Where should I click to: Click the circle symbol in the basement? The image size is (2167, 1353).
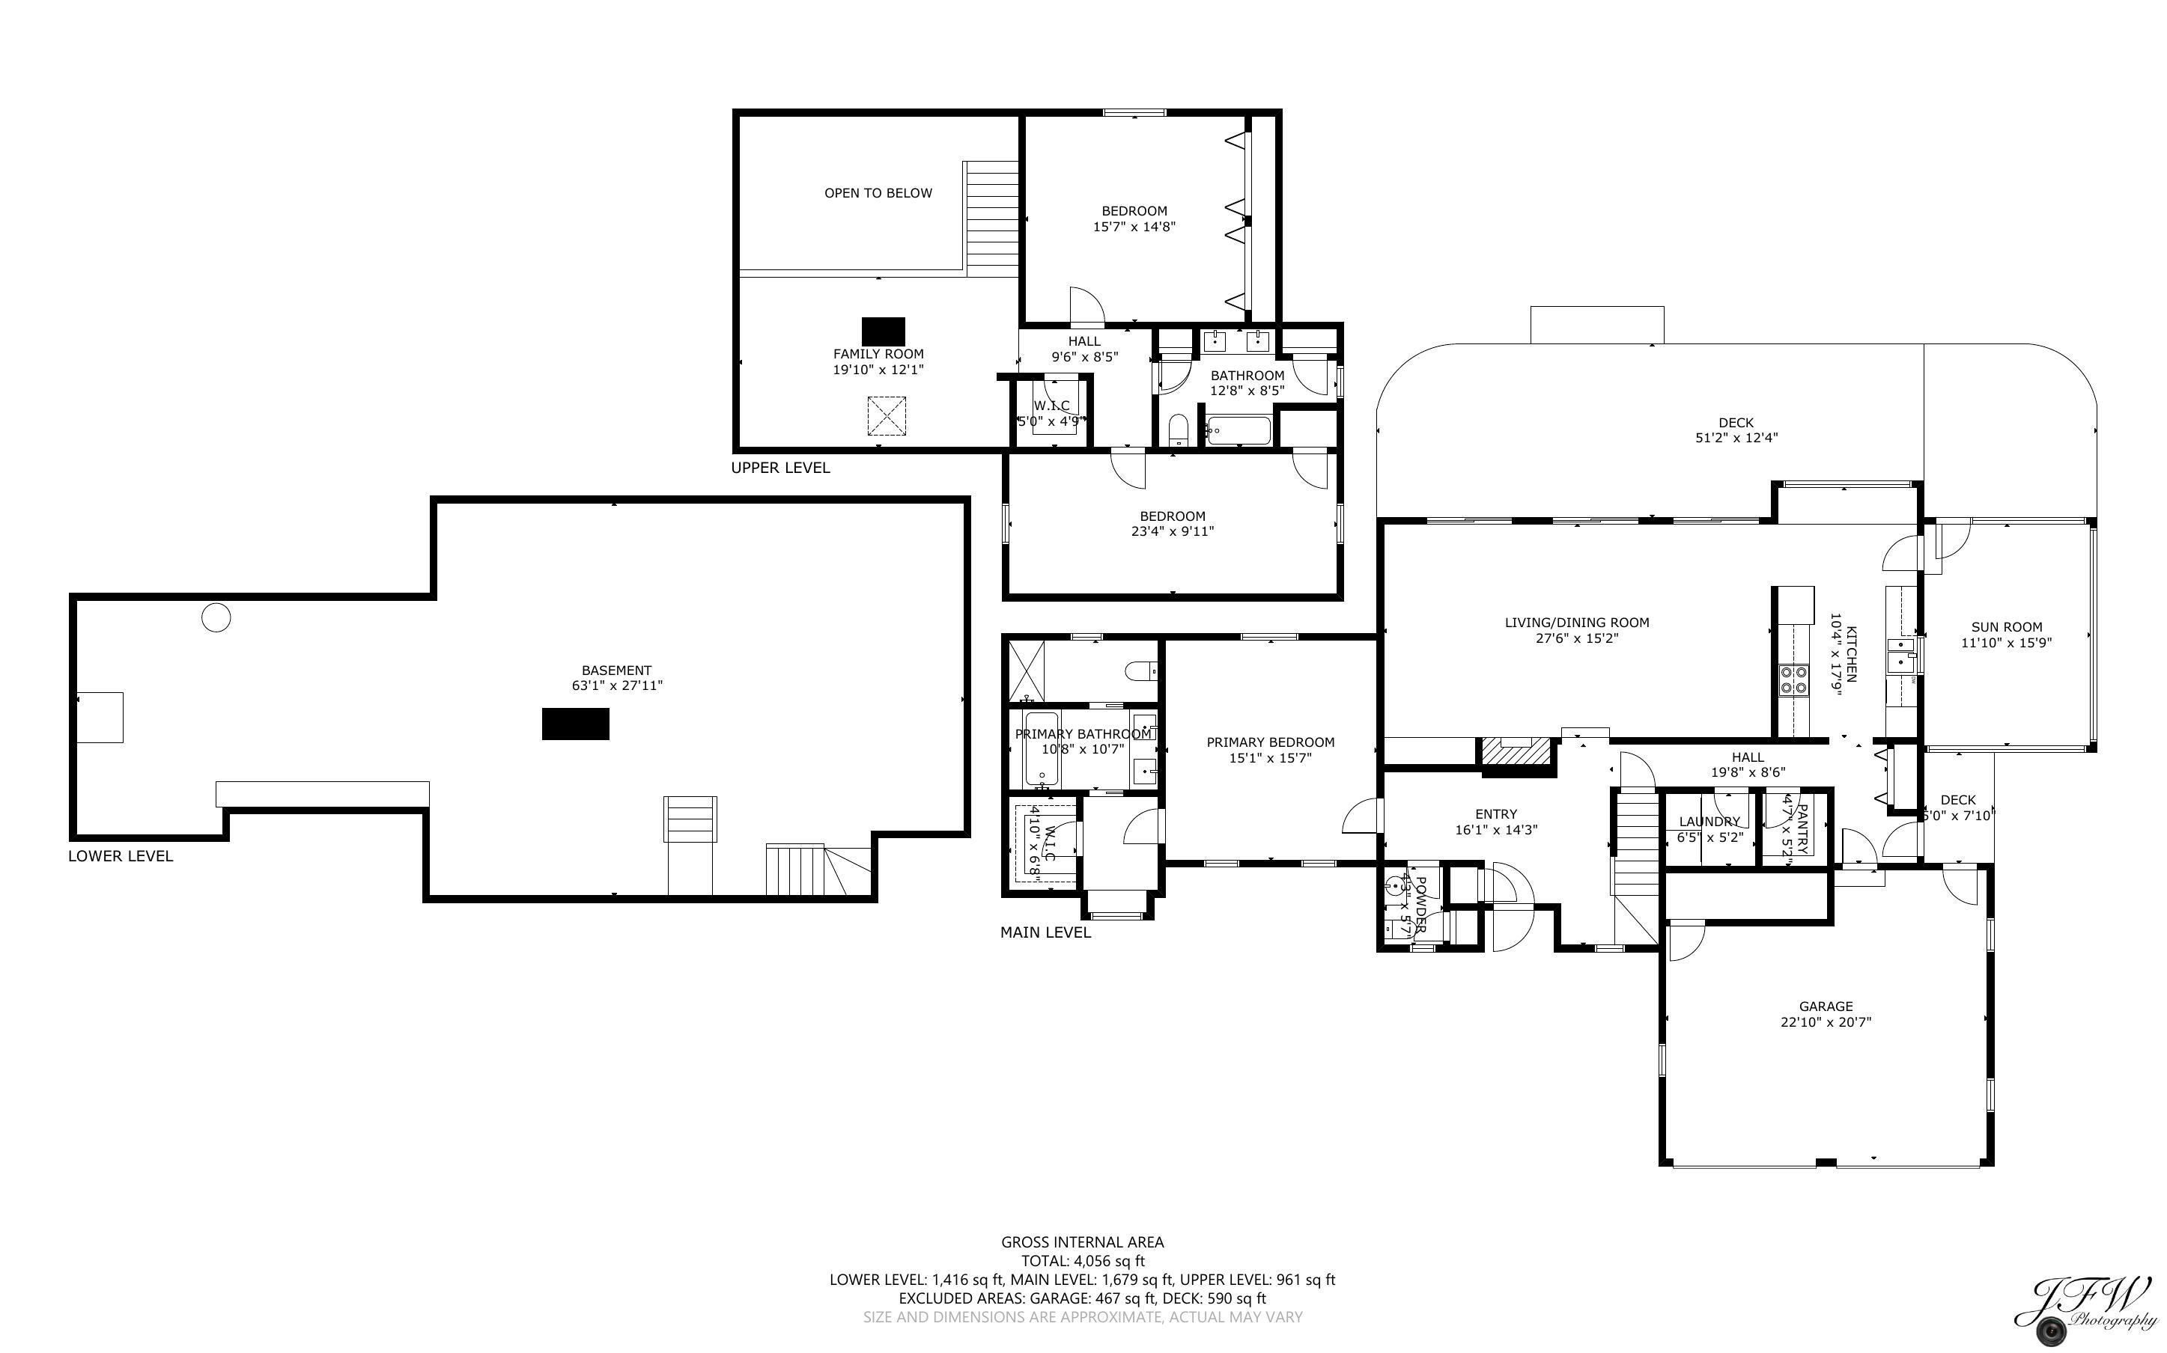[x=216, y=617]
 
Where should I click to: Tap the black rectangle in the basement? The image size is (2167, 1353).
[x=576, y=724]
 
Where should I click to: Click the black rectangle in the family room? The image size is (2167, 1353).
[x=883, y=331]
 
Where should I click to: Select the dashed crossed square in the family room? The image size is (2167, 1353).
[x=886, y=416]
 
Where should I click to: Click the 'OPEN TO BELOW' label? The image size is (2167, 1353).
[x=878, y=193]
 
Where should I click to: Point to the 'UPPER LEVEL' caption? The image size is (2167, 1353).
[x=780, y=468]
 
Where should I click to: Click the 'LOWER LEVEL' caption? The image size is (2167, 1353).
[x=121, y=856]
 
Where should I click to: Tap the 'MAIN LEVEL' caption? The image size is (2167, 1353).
[x=1045, y=932]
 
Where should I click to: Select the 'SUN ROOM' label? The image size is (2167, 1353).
[x=2006, y=627]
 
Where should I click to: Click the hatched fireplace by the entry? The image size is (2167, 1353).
[x=1516, y=751]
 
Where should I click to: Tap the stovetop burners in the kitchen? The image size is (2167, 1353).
[x=1793, y=680]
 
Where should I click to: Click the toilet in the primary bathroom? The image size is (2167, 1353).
[x=1141, y=671]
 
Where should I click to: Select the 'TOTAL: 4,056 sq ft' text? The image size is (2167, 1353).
[x=1082, y=1261]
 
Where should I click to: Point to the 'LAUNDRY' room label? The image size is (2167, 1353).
[x=1709, y=822]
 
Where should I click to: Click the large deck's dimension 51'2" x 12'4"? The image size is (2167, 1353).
[x=1736, y=438]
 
